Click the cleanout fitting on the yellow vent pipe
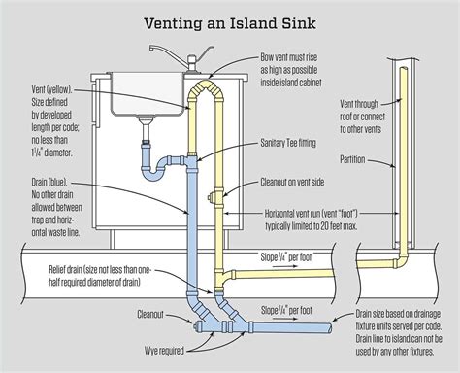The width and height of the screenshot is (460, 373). click(x=212, y=198)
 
